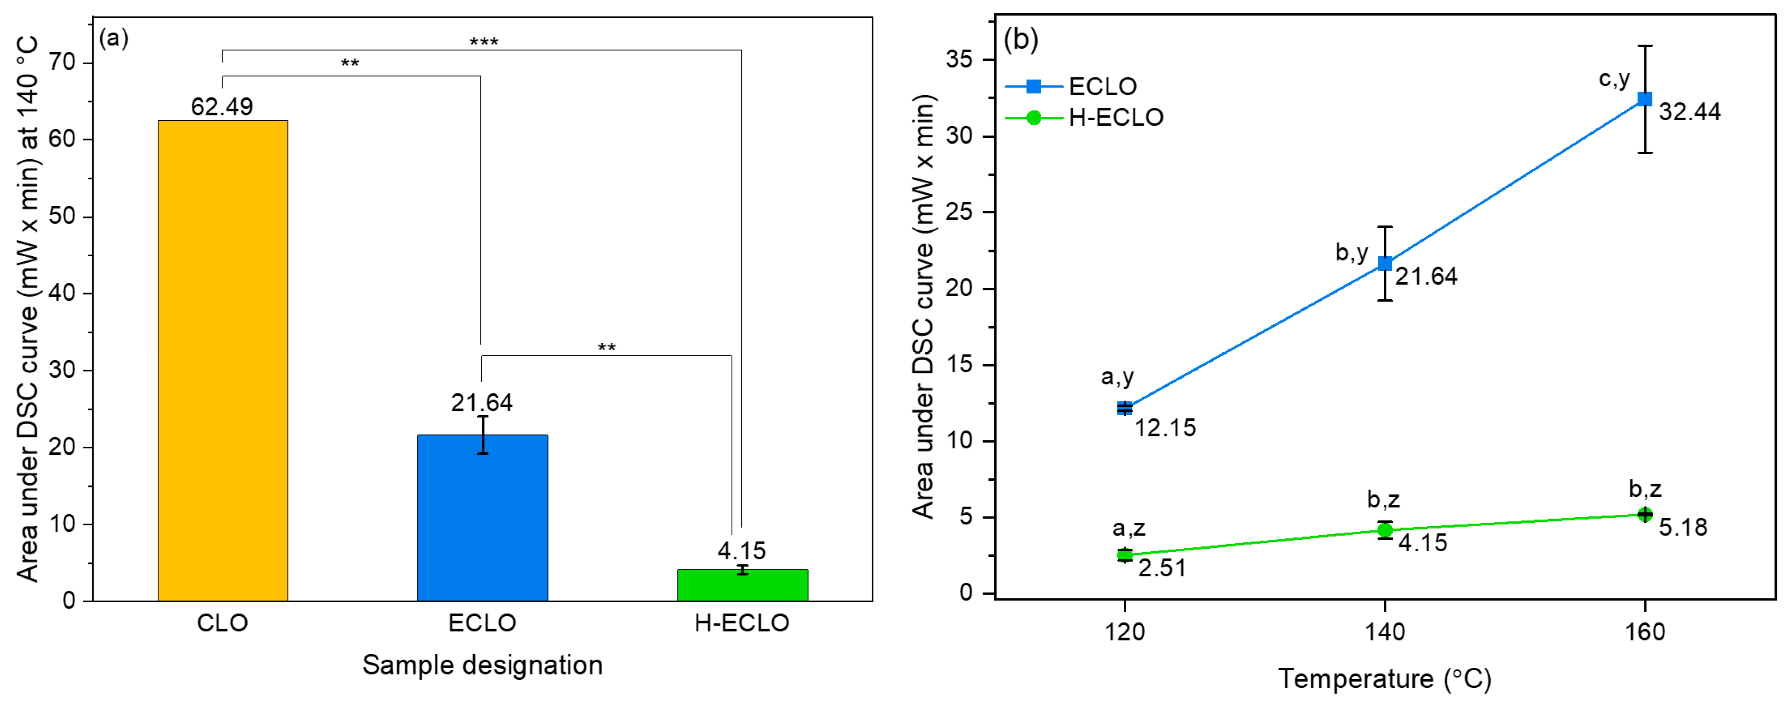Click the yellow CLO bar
[x=222, y=361]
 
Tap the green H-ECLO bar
[x=742, y=585]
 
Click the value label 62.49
[x=222, y=107]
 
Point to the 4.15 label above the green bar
[x=741, y=551]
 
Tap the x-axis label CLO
[x=222, y=623]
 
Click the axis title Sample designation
[x=482, y=665]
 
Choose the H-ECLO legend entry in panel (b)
[x=1115, y=117]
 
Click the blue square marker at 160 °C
[x=1644, y=99]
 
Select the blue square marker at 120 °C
[x=1125, y=408]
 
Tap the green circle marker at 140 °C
[x=1385, y=530]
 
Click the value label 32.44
[x=1689, y=112]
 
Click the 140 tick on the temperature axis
[x=1385, y=632]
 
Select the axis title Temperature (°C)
[x=1385, y=679]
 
